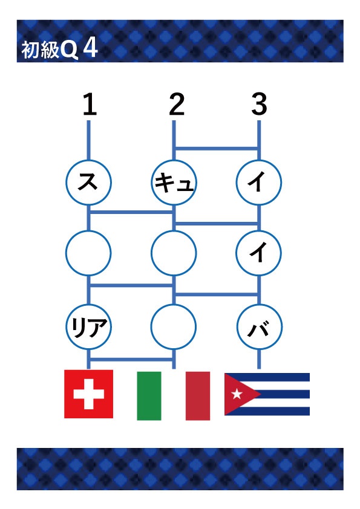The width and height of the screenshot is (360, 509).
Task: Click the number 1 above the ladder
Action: click(x=90, y=104)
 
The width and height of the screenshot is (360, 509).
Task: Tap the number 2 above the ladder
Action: click(x=177, y=104)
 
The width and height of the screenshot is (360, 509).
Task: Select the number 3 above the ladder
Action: click(x=260, y=104)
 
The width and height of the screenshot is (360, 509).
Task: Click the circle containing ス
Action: click(x=89, y=183)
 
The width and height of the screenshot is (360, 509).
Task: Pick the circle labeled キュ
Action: click(x=174, y=183)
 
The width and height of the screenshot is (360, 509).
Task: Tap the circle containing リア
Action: click(x=89, y=326)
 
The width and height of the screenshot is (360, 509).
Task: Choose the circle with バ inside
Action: click(x=260, y=326)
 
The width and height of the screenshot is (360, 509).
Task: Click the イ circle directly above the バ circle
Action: click(x=258, y=253)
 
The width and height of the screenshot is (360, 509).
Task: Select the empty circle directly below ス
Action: click(x=88, y=253)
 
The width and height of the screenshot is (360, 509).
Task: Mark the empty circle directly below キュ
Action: click(x=174, y=253)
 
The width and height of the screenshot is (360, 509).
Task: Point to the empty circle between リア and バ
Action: click(x=174, y=326)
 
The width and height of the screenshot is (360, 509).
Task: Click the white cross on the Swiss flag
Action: click(x=89, y=394)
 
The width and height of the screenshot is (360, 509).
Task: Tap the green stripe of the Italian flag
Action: click(x=149, y=396)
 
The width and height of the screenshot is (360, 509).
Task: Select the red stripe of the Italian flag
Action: click(x=198, y=396)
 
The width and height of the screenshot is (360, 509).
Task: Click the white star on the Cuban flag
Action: click(x=237, y=394)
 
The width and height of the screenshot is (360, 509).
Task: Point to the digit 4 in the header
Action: click(x=90, y=49)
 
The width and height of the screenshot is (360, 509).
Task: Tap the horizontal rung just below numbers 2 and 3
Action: click(x=217, y=149)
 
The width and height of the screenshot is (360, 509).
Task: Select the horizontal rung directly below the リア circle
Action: click(x=131, y=359)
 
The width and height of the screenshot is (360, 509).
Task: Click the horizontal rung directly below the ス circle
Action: click(x=131, y=212)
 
